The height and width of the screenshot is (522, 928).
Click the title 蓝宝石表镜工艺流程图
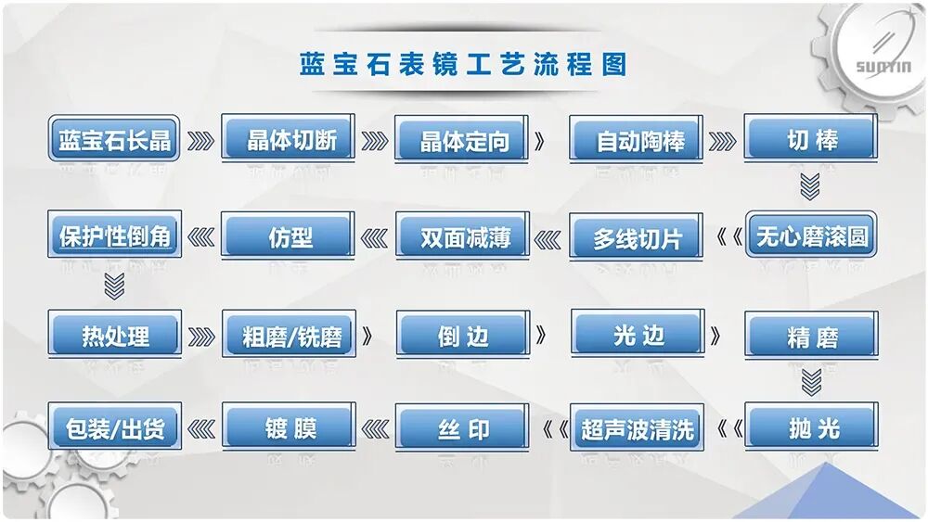(x=463, y=65)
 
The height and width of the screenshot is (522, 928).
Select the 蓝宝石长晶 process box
(x=114, y=140)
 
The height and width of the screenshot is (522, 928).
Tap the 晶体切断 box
(x=289, y=140)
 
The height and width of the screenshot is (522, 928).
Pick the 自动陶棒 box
(x=638, y=141)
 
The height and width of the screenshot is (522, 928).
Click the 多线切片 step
(x=638, y=237)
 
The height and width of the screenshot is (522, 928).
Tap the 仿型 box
(x=289, y=236)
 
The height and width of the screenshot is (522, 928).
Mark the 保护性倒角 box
(x=114, y=236)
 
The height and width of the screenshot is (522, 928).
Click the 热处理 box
(x=114, y=335)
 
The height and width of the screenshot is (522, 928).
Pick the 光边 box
(x=638, y=334)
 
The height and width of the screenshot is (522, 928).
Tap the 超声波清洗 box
(x=638, y=429)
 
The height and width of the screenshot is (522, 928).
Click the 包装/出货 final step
(x=114, y=428)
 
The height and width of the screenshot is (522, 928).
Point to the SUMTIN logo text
(x=883, y=67)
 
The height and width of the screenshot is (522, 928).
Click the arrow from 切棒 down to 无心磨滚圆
(x=811, y=187)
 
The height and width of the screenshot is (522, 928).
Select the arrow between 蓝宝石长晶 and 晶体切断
(x=201, y=141)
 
